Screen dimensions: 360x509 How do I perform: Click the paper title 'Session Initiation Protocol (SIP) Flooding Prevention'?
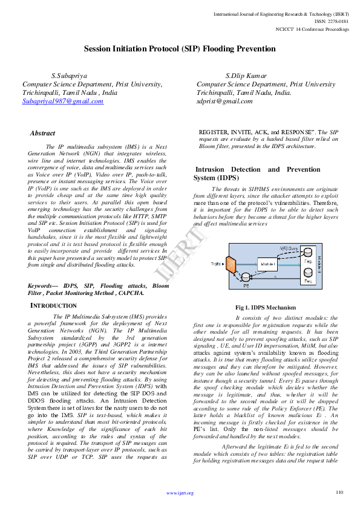pos(180,48)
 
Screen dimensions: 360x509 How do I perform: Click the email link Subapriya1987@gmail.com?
pos(63,102)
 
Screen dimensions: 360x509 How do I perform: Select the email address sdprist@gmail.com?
pos(224,102)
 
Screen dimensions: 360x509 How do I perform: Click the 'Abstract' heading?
pos(42,133)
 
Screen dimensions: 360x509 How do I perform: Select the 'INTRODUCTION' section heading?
pos(54,306)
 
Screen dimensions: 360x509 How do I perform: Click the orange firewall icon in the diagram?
pos(231,264)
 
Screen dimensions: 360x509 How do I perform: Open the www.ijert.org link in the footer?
pos(180,493)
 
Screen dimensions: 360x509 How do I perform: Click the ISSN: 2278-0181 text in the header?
pos(333,20)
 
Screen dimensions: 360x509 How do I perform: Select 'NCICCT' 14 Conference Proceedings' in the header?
pos(312,28)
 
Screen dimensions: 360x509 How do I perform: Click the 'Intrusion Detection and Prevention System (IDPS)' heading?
pos(266,174)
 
